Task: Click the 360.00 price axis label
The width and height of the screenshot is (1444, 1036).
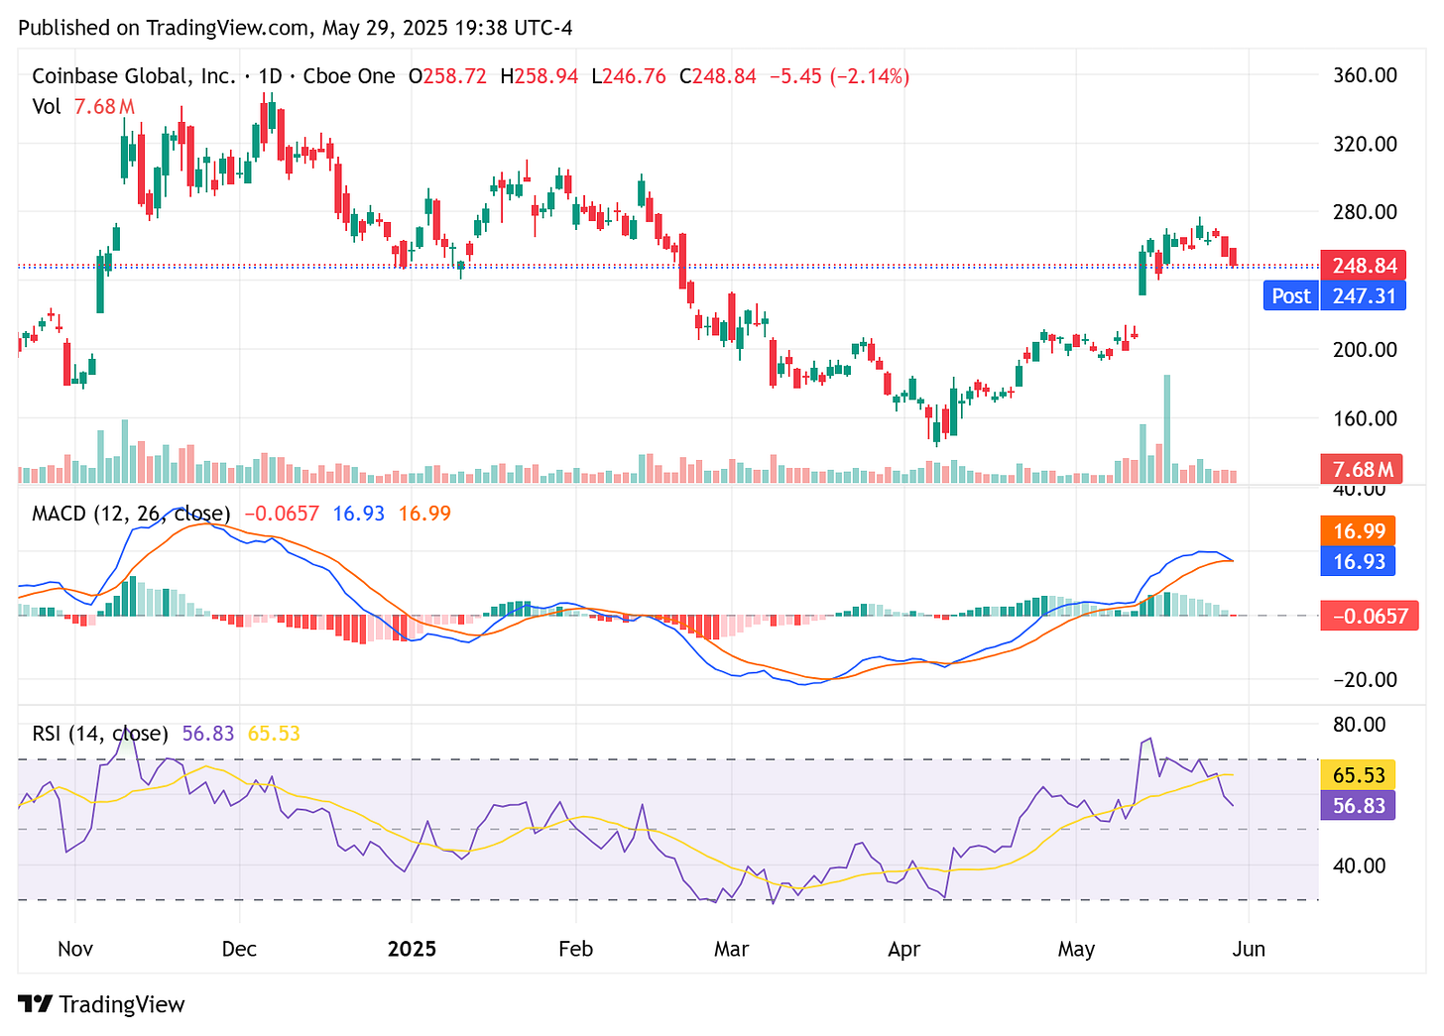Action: pos(1365,75)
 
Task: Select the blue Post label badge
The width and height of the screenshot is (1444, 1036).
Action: pos(1290,295)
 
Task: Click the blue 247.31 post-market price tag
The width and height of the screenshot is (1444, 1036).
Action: pos(1364,295)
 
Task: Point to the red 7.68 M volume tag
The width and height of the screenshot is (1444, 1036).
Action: pos(1362,469)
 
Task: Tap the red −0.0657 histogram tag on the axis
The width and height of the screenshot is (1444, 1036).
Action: pos(1370,616)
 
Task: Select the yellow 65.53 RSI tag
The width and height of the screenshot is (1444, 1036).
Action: pos(1358,774)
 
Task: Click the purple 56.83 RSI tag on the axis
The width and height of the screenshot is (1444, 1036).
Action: pos(1358,805)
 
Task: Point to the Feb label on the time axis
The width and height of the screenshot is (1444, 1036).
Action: pos(575,949)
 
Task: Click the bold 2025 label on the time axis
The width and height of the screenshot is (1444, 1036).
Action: pos(412,949)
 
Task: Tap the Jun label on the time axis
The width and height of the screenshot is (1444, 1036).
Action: pos(1249,949)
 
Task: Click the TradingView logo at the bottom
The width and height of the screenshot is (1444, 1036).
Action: pos(102,1004)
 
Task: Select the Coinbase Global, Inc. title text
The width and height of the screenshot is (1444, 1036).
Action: pos(134,76)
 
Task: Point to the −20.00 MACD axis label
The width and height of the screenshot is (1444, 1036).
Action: pos(1365,679)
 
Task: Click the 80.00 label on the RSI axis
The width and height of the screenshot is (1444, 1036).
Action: pos(1360,724)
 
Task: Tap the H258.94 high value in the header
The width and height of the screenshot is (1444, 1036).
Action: pos(539,76)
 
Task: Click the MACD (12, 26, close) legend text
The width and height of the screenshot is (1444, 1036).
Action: pos(131,514)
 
